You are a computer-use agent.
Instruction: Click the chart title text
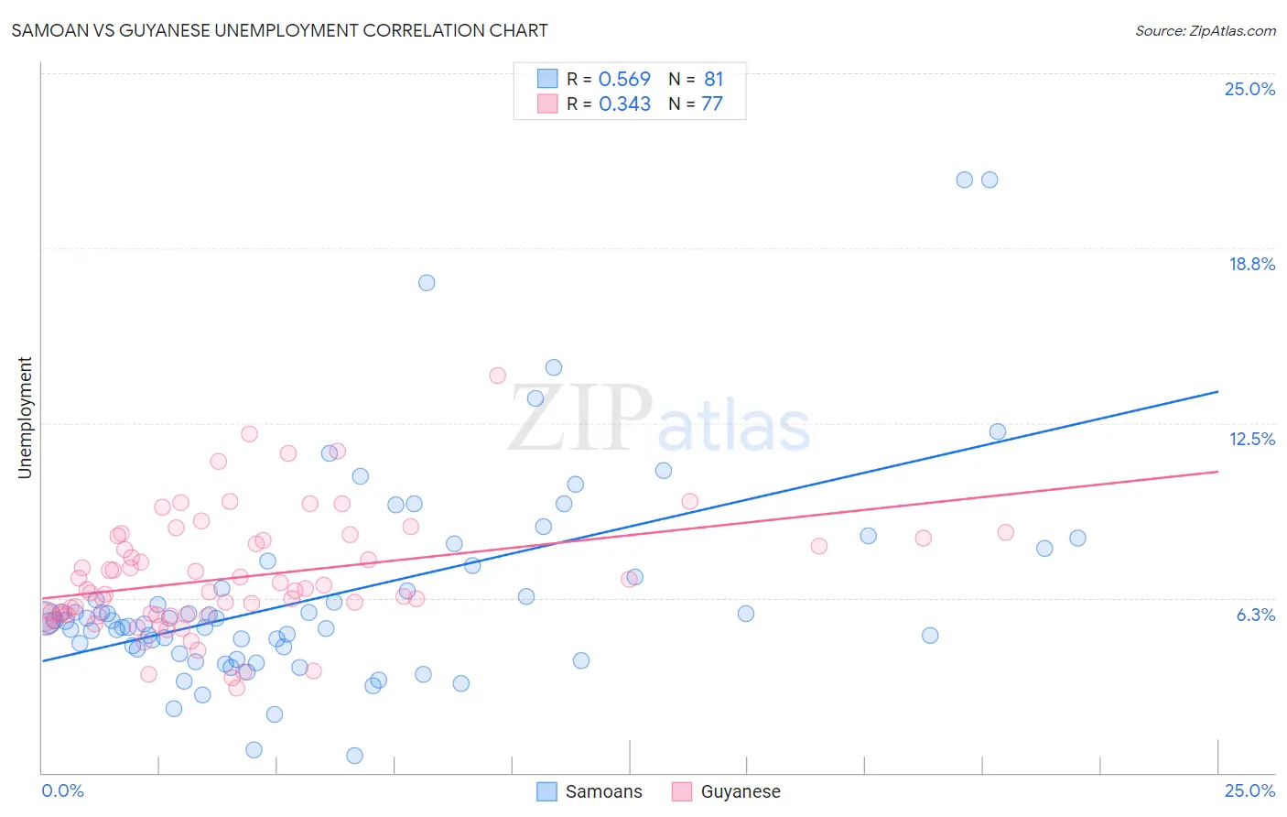click(279, 30)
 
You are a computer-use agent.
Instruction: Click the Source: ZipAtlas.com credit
click(1205, 30)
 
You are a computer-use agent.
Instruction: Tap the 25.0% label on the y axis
click(1249, 89)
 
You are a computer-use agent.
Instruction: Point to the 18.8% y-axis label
click(1251, 264)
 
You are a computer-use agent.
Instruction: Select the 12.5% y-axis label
click(1251, 439)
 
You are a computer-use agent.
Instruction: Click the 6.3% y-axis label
click(1255, 615)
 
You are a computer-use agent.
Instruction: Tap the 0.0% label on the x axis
click(62, 790)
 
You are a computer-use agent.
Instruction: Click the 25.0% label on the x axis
click(1249, 790)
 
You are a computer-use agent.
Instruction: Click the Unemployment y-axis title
click(25, 418)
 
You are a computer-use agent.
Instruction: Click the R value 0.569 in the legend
click(624, 80)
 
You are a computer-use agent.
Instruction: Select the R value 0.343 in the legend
click(624, 104)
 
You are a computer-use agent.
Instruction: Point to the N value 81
click(713, 80)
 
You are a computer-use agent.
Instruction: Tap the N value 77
click(711, 104)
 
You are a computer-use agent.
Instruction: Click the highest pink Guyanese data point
click(498, 376)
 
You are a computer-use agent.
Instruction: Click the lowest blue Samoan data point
click(354, 756)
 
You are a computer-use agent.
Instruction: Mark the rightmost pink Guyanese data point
click(1005, 532)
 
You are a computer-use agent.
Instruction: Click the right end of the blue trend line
click(1217, 392)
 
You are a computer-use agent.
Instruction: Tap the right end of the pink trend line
click(1217, 472)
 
